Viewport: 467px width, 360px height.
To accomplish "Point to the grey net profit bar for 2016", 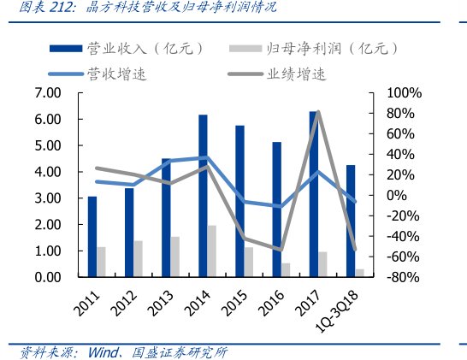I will (x=286, y=269).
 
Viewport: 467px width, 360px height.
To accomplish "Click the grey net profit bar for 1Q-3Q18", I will (x=359, y=273).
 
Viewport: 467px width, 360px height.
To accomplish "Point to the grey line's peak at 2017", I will (x=318, y=112).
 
